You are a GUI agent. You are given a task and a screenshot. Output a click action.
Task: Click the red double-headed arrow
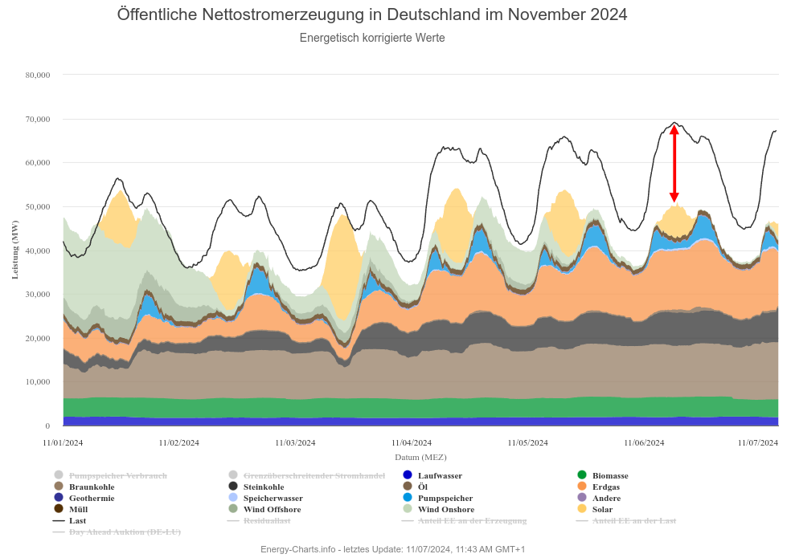674,164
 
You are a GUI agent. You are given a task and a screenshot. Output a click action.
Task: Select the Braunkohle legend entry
91,487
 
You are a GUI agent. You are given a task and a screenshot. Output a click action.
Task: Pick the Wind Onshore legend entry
445,509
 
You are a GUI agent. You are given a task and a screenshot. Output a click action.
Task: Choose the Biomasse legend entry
609,475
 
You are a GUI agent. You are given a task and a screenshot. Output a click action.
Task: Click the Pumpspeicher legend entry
445,498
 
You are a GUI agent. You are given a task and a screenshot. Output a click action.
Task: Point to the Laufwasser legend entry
440,475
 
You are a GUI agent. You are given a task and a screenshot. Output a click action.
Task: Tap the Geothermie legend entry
91,498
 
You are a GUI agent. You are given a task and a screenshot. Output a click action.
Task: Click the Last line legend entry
77,520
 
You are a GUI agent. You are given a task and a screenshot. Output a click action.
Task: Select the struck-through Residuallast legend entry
266,520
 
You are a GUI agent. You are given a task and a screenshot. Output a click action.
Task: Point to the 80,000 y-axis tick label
38,75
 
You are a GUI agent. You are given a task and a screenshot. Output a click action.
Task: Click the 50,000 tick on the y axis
38,206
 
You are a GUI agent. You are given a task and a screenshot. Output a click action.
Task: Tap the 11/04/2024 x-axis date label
412,442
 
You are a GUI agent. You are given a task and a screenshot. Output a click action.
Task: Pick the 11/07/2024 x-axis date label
758,442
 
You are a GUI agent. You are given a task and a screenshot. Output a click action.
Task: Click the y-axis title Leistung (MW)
15,250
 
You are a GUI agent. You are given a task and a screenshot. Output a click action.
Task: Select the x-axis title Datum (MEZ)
420,457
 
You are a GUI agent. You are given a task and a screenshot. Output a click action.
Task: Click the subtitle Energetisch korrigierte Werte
372,38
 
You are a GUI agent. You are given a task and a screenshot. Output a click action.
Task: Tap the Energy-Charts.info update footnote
392,549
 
